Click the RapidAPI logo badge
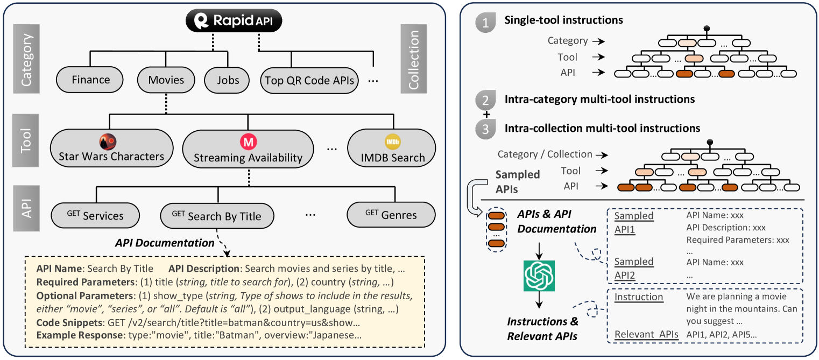click(x=234, y=20)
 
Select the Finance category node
click(x=89, y=80)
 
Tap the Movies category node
click(x=166, y=80)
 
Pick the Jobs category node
click(x=227, y=80)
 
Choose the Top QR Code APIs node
click(x=309, y=80)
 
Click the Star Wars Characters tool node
click(x=111, y=148)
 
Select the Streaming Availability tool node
click(x=248, y=149)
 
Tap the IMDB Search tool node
click(x=392, y=148)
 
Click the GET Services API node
click(x=95, y=215)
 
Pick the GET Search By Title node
click(x=217, y=216)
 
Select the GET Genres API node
click(x=391, y=215)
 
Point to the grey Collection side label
click(x=414, y=59)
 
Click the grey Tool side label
click(x=26, y=140)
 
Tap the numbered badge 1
click(x=485, y=23)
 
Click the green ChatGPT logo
click(x=539, y=276)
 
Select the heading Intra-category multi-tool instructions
click(x=599, y=99)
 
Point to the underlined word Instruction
click(x=638, y=297)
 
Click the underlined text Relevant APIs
click(x=646, y=334)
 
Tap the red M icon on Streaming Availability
click(x=248, y=142)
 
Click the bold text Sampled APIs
click(x=517, y=182)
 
